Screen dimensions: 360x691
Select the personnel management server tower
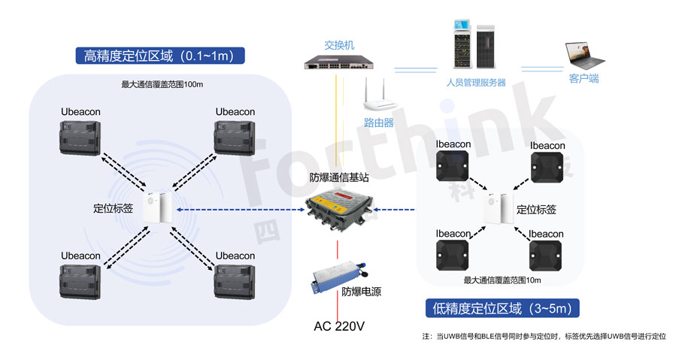(x=474, y=44)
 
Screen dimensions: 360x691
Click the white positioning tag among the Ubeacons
(x=159, y=208)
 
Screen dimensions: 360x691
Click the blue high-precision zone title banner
(x=162, y=56)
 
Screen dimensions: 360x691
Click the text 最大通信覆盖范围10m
(x=502, y=280)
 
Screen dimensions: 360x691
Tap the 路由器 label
(x=378, y=123)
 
